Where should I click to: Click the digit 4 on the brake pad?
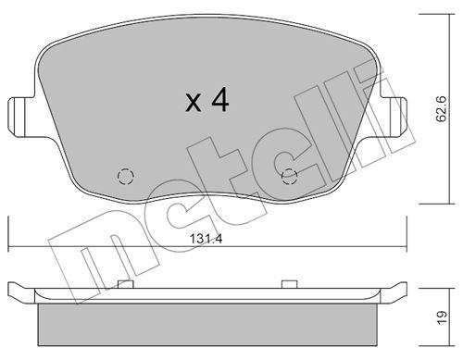tap(219, 100)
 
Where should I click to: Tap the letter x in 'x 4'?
tap(192, 103)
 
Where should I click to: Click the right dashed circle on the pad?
tap(289, 177)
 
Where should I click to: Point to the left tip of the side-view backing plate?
tap(10, 290)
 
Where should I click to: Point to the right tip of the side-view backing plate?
tap(407, 290)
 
